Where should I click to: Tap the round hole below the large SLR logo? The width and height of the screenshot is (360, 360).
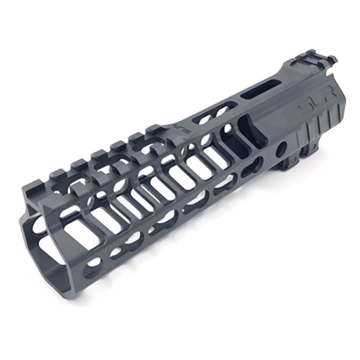[281, 150]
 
